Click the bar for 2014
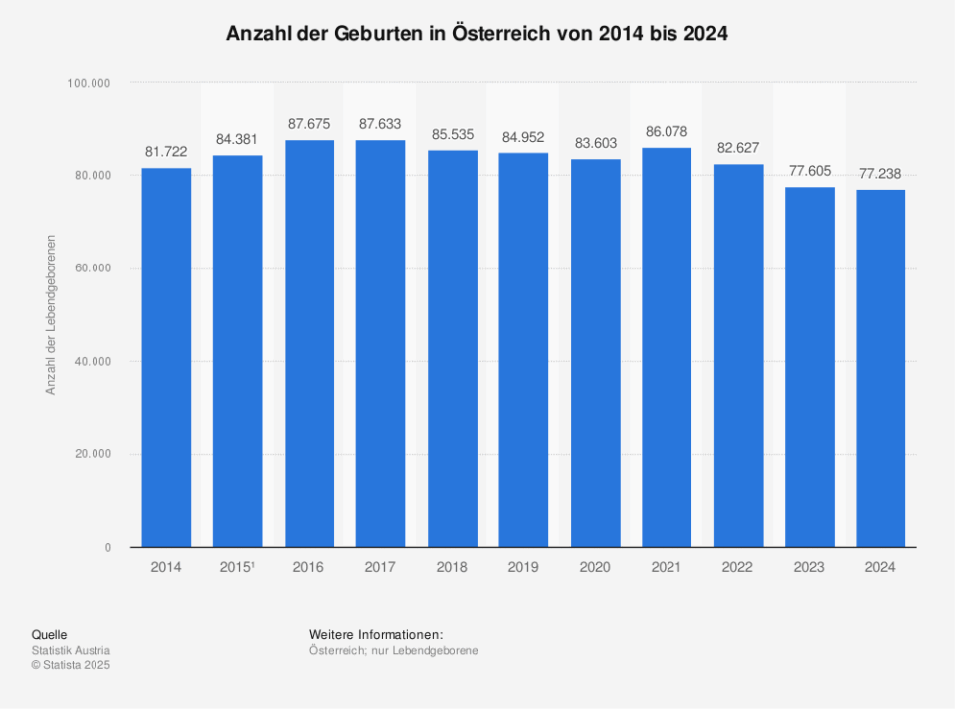click(166, 358)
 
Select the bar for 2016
click(309, 343)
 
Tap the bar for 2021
click(667, 348)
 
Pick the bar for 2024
click(881, 368)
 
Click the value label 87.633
click(380, 124)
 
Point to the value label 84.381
click(238, 139)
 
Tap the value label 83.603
click(595, 143)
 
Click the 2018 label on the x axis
click(452, 567)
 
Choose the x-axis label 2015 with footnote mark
click(238, 567)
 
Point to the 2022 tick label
click(738, 567)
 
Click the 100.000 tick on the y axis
click(89, 83)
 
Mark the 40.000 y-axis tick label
click(92, 362)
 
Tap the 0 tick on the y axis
click(107, 548)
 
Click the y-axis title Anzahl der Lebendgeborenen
click(51, 315)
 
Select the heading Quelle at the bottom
click(50, 635)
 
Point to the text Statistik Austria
click(71, 651)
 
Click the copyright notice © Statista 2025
click(71, 665)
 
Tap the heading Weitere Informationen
click(375, 635)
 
